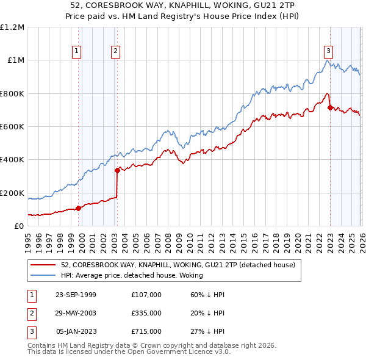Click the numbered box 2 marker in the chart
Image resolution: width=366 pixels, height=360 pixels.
pos(115,51)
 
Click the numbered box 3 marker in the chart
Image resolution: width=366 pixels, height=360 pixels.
pos(328,51)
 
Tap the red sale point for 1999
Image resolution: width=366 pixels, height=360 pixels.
pos(78,208)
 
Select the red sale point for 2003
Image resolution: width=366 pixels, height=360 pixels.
pos(117,171)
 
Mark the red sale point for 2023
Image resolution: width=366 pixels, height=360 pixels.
pos(330,107)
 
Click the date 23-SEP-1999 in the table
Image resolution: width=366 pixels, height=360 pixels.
pos(76,294)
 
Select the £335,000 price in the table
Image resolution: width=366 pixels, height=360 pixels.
pos(146,313)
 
